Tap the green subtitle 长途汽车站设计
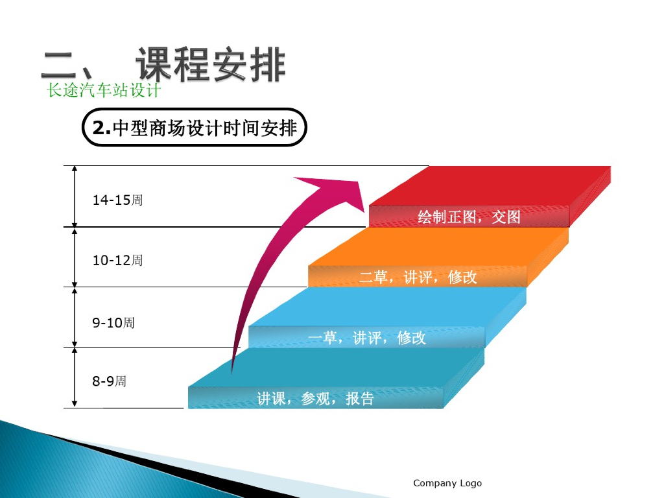104,90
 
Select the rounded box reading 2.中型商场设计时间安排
195,128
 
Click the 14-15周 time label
117,200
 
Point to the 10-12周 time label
117,261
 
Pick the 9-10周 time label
113,322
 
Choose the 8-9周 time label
109,381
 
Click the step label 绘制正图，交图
469,217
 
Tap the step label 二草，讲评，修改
418,278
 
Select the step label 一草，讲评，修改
367,338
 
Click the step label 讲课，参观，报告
316,398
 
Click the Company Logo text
447,483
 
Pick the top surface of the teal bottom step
337,367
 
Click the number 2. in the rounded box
102,128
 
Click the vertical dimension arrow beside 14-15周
75,196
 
